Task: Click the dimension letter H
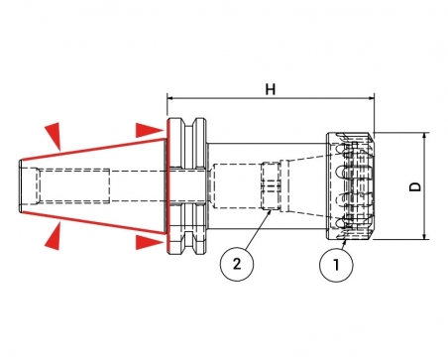(271, 89)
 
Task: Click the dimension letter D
(415, 186)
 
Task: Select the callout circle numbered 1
(336, 265)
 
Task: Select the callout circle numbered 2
(237, 265)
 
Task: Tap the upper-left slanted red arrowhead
(55, 135)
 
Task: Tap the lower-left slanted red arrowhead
(55, 236)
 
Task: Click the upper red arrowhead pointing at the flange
(150, 130)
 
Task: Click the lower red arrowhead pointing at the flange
(150, 243)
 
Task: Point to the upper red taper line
(93, 150)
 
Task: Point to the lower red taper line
(93, 223)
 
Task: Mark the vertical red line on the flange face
(168, 186)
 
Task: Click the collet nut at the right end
(350, 186)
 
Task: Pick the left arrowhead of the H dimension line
(170, 98)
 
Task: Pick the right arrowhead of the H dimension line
(371, 98)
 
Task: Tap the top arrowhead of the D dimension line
(426, 136)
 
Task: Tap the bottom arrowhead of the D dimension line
(426, 236)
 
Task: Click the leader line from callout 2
(258, 229)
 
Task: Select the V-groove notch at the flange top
(189, 123)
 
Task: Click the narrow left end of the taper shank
(21, 186)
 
